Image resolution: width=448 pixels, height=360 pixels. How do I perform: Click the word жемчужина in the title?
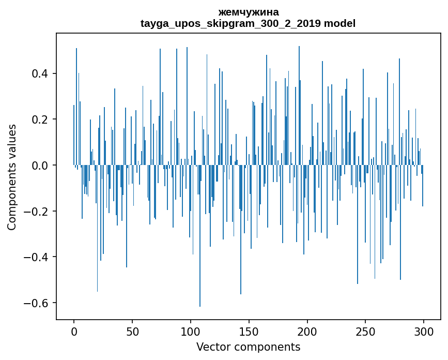[x=248, y=12]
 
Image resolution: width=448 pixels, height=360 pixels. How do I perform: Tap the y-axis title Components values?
[x=12, y=177]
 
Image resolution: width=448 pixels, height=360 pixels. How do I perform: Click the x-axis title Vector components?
[x=248, y=347]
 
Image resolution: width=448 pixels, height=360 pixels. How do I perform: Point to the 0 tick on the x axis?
[x=74, y=332]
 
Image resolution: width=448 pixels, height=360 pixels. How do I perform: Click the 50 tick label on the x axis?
[x=132, y=332]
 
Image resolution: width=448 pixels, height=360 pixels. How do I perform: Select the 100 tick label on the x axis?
[x=191, y=332]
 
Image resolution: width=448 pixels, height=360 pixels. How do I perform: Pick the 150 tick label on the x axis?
[x=249, y=332]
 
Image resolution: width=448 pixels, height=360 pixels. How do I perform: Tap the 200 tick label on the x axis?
[x=307, y=332]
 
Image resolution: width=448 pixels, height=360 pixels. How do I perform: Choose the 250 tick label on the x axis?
[x=365, y=332]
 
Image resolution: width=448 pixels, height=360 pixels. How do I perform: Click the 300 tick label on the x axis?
[x=424, y=332]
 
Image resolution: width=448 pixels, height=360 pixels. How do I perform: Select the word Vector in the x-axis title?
[x=213, y=347]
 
